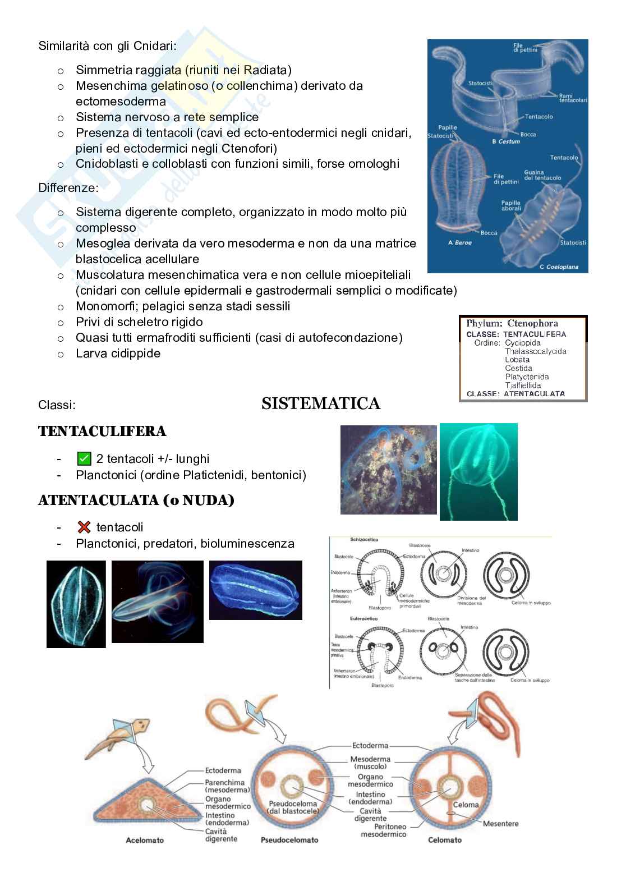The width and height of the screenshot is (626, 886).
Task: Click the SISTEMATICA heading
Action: (320, 403)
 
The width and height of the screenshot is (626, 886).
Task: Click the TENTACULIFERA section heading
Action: (102, 431)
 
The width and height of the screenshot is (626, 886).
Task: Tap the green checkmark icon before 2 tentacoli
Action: (84, 458)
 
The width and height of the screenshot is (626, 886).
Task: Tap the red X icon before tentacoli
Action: (84, 527)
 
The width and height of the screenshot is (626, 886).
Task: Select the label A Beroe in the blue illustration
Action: (459, 242)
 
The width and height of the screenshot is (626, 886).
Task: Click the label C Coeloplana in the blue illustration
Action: (558, 267)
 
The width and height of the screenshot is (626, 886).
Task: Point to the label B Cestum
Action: (505, 141)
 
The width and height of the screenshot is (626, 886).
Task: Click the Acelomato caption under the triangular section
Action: (145, 841)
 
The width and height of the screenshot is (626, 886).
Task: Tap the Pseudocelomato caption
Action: (289, 840)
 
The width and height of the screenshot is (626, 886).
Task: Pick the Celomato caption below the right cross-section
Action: (444, 840)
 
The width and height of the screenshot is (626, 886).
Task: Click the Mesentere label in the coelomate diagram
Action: (500, 824)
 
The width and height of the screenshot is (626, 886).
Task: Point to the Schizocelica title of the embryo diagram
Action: (363, 539)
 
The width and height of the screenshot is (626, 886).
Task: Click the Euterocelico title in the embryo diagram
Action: (363, 618)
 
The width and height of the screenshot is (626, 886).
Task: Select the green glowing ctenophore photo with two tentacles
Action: (478, 471)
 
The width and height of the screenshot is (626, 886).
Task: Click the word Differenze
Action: (68, 187)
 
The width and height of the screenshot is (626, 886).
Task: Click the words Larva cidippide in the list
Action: (118, 353)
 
